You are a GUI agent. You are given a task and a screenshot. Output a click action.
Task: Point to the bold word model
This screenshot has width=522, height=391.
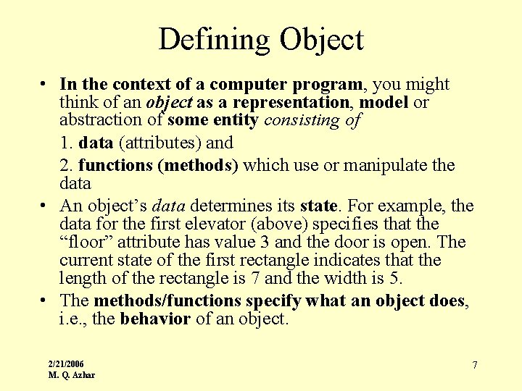point(384,103)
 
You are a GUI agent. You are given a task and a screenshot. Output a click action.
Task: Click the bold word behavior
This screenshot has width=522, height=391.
point(155,319)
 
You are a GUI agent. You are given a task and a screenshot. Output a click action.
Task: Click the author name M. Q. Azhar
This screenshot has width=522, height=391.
point(71,374)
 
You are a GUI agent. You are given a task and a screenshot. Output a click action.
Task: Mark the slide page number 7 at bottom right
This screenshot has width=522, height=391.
point(475,365)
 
